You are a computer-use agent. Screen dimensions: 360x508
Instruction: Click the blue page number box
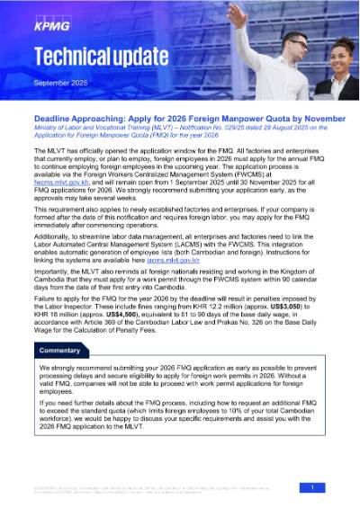311,486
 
